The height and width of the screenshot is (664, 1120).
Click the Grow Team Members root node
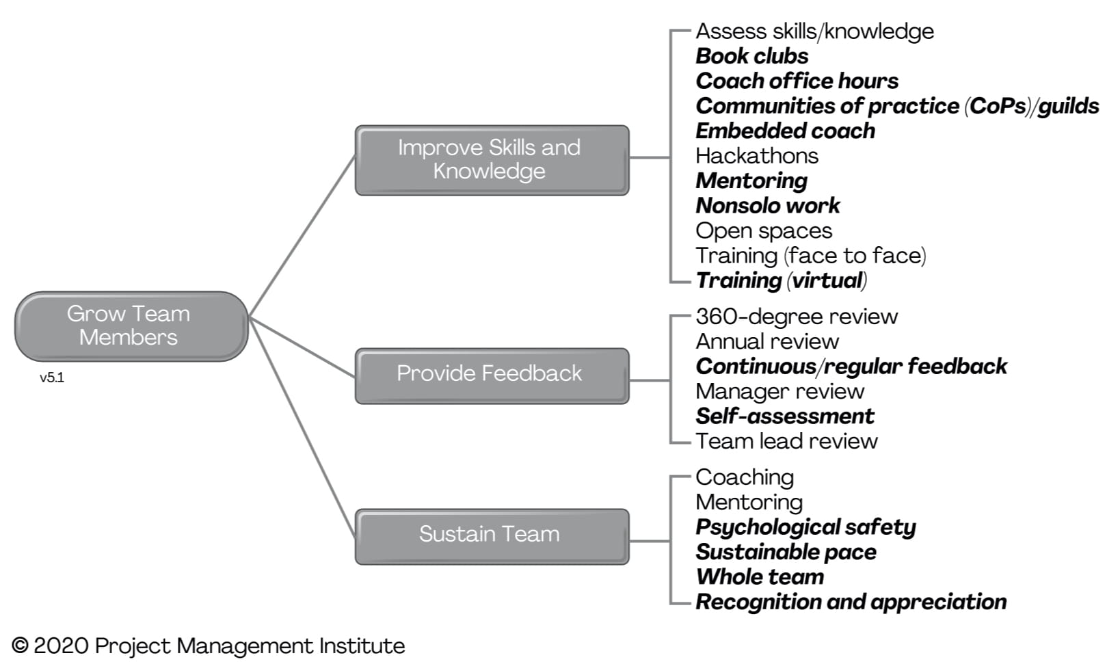pyautogui.click(x=131, y=326)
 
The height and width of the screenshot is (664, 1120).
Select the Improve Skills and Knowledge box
pyautogui.click(x=491, y=159)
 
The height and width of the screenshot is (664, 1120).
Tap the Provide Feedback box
pyautogui.click(x=491, y=375)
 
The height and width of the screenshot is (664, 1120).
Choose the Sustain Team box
pyautogui.click(x=491, y=535)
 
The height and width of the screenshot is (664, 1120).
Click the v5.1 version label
pyautogui.click(x=52, y=377)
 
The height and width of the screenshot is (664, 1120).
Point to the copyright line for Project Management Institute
pyautogui.click(x=209, y=646)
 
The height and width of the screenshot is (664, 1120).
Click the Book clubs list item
pyautogui.click(x=751, y=56)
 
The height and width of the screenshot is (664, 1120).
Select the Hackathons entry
pyautogui.click(x=756, y=156)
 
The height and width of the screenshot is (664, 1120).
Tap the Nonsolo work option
pyautogui.click(x=767, y=206)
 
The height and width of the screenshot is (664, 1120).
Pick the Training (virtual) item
pyautogui.click(x=781, y=280)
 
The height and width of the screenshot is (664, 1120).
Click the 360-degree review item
pyautogui.click(x=796, y=317)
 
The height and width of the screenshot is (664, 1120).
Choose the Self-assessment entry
pyautogui.click(x=784, y=416)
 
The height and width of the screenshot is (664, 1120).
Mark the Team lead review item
pyautogui.click(x=786, y=441)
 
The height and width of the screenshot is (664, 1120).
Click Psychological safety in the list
pyautogui.click(x=805, y=527)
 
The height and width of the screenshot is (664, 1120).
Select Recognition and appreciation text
pyautogui.click(x=851, y=602)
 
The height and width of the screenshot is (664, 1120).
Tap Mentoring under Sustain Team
pyautogui.click(x=749, y=503)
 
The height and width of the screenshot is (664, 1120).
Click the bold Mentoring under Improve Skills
pyautogui.click(x=751, y=181)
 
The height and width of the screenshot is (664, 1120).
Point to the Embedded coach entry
pyautogui.click(x=785, y=131)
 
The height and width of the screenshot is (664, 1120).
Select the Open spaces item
pyautogui.click(x=763, y=231)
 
